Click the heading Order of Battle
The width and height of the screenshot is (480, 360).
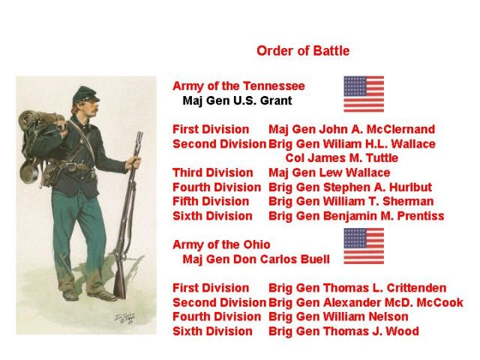pyautogui.click(x=303, y=51)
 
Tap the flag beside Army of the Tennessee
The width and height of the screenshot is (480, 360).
pyautogui.click(x=364, y=94)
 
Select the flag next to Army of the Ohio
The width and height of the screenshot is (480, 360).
pyautogui.click(x=364, y=246)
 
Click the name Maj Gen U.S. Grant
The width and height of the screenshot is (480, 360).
pyautogui.click(x=237, y=100)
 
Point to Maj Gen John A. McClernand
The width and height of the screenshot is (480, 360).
pyautogui.click(x=352, y=130)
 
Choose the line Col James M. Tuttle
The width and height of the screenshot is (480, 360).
pyautogui.click(x=342, y=158)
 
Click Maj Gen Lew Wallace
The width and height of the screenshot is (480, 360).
pyautogui.click(x=329, y=172)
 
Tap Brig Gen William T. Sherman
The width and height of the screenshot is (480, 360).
pyautogui.click(x=351, y=202)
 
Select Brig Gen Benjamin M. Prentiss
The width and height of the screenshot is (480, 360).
pyautogui.click(x=356, y=216)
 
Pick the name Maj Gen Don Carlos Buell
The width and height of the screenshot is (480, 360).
pyautogui.click(x=256, y=259)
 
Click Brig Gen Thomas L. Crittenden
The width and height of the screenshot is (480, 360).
pyautogui.click(x=358, y=288)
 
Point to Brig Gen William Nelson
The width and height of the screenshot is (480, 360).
pyautogui.click(x=338, y=316)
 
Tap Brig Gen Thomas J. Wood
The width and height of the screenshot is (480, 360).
pyautogui.click(x=343, y=331)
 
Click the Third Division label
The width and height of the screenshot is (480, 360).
pyautogui.click(x=213, y=172)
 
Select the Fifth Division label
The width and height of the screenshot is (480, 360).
pyautogui.click(x=211, y=202)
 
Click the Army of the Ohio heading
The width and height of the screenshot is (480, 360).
pyautogui.click(x=221, y=245)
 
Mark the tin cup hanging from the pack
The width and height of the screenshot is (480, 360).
pyautogui.click(x=29, y=172)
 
